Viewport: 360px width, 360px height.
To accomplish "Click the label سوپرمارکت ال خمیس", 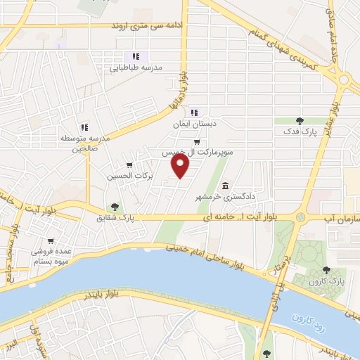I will (x=198, y=152).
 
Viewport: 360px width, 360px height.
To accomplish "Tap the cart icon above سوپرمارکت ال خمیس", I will (x=196, y=141).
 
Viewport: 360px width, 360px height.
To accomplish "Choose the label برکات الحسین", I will (x=129, y=176).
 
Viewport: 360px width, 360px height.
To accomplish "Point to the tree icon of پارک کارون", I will (x=325, y=269).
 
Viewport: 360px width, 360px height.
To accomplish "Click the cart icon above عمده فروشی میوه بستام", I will (x=37, y=239).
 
